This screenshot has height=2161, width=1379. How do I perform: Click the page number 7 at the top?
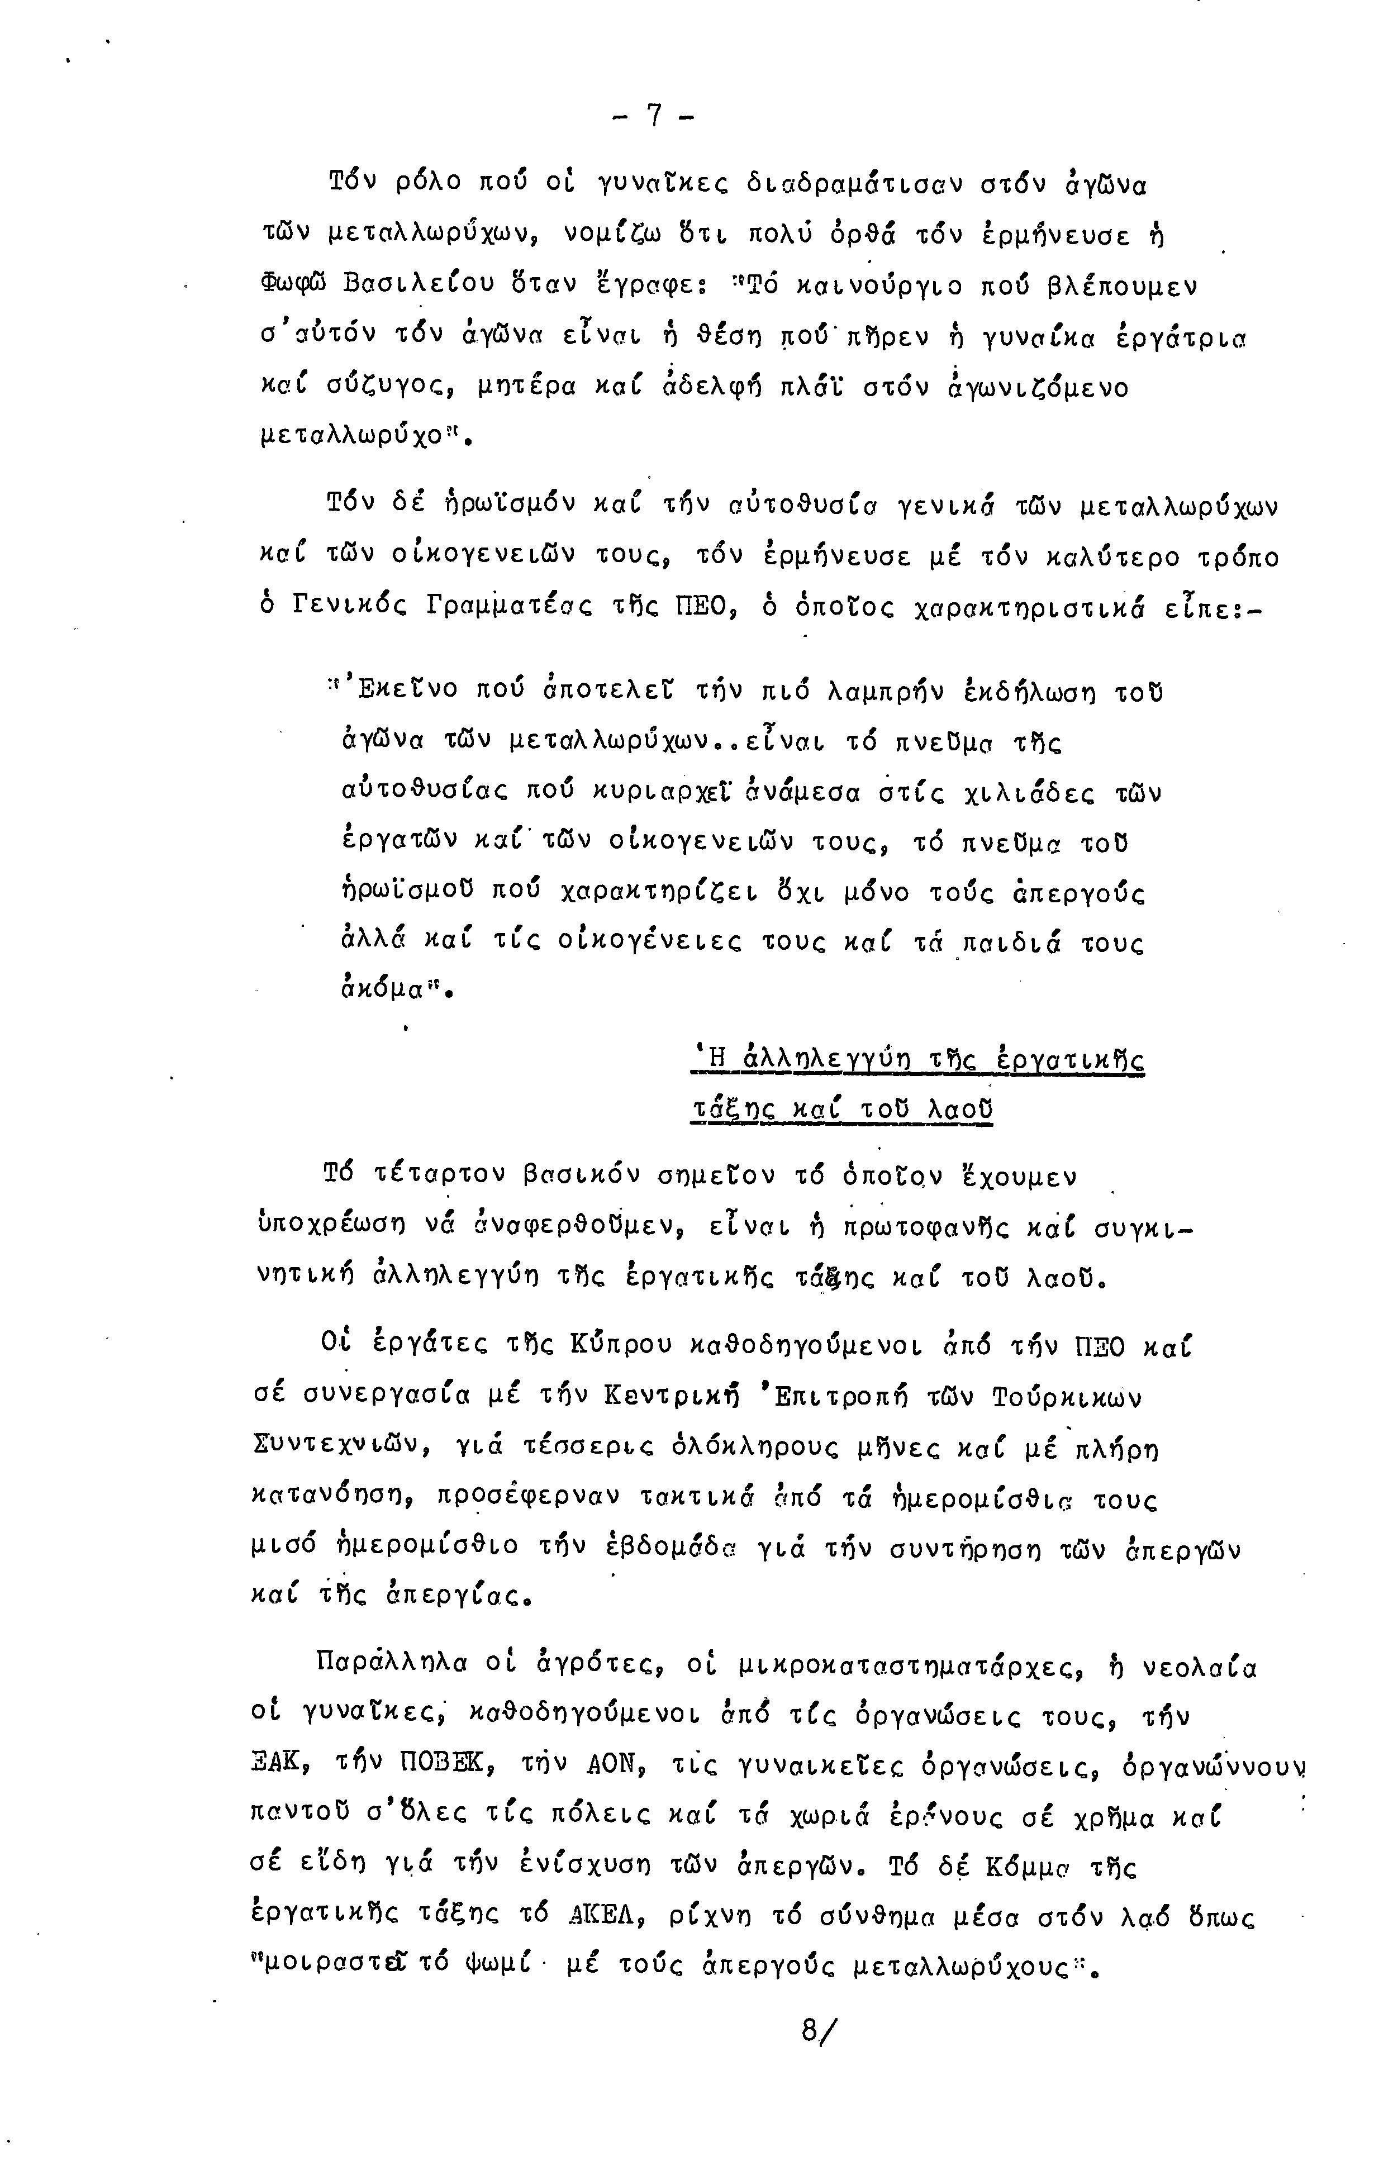coord(654,117)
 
